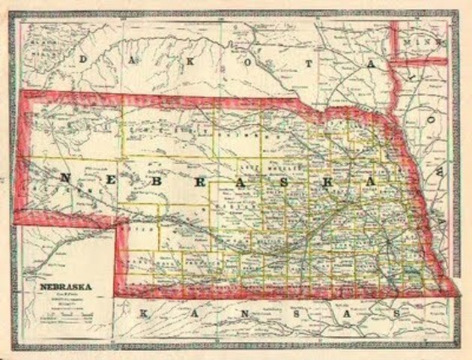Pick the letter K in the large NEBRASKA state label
click(x=330, y=184)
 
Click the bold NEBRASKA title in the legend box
click(x=60, y=286)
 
